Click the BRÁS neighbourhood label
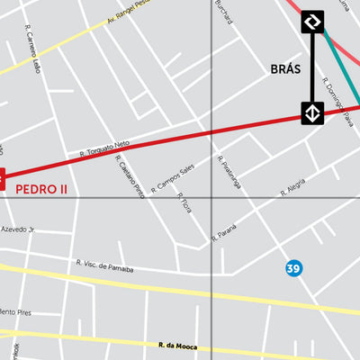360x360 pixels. [285, 68]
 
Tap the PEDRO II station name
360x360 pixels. [41, 190]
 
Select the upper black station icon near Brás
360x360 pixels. [312, 22]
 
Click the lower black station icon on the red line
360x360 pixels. [312, 113]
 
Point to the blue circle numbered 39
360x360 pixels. [293, 268]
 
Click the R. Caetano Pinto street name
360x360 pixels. [130, 176]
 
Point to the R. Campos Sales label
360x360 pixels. [173, 178]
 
